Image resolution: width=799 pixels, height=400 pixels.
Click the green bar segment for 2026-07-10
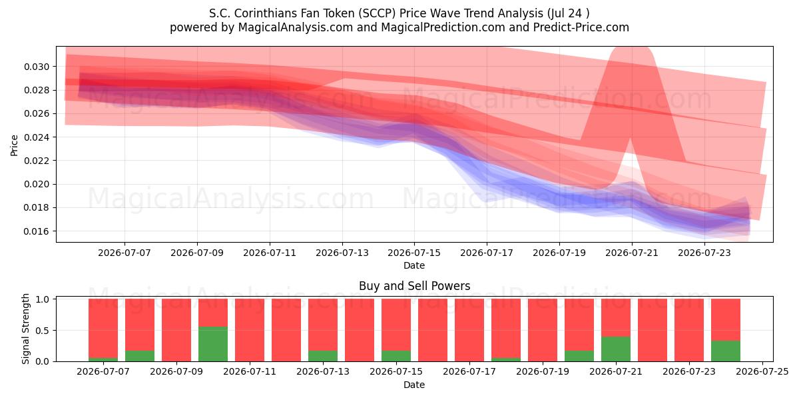[213, 344]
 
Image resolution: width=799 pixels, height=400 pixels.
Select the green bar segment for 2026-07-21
[616, 349]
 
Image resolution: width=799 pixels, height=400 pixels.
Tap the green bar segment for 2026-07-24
[726, 351]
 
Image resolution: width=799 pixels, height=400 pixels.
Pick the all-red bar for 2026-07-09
[176, 330]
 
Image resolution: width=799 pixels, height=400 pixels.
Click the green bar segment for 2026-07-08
[140, 356]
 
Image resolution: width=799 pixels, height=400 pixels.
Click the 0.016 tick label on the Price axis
[37, 231]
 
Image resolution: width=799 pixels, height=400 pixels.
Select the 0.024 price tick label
[37, 137]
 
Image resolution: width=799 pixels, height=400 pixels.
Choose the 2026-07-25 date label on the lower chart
[762, 372]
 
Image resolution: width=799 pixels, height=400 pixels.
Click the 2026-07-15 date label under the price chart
[414, 253]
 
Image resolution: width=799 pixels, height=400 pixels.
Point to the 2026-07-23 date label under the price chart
[704, 253]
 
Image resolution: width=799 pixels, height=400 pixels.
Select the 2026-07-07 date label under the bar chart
[103, 372]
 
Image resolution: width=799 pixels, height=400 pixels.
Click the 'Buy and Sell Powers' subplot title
[414, 286]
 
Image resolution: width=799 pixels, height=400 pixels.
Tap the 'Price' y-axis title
[14, 145]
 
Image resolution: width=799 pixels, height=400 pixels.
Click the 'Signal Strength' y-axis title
[25, 329]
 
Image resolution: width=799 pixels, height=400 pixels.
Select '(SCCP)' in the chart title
[378, 13]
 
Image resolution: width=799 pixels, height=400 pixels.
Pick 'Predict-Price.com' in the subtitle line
[581, 27]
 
